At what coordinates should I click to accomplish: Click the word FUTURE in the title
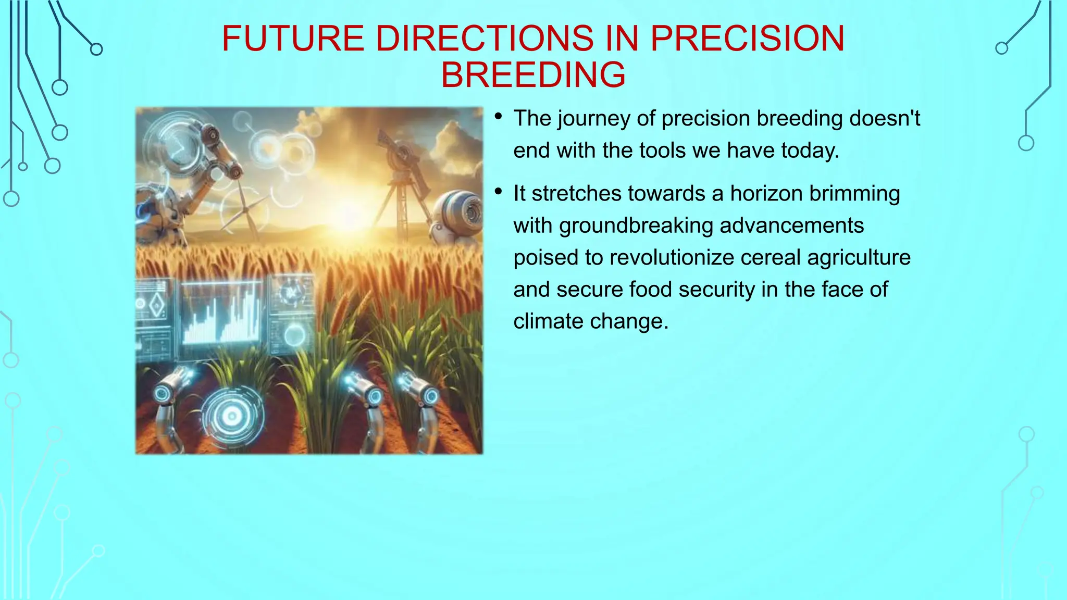pyautogui.click(x=293, y=39)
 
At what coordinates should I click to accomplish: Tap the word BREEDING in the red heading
pyautogui.click(x=533, y=75)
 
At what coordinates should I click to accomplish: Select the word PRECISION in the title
pyautogui.click(x=747, y=39)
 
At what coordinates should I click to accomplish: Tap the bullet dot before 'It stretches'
pyautogui.click(x=499, y=193)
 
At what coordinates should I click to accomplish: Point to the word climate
pyautogui.click(x=545, y=321)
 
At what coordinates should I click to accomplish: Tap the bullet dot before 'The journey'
pyautogui.click(x=499, y=118)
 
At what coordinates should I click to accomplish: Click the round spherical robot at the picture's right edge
pyautogui.click(x=458, y=216)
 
